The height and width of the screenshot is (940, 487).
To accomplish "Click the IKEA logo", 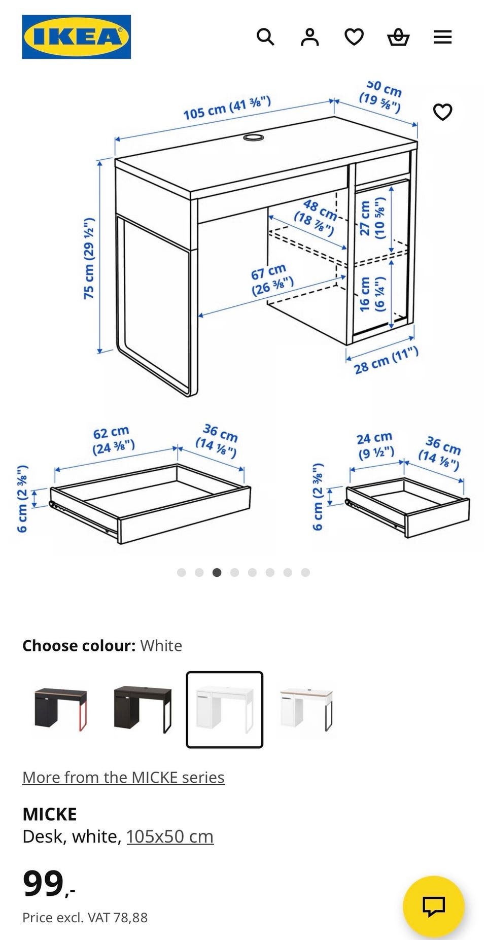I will (x=76, y=37).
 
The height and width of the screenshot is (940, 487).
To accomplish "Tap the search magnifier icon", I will (x=265, y=37).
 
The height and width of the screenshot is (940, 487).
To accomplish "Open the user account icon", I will (x=309, y=37).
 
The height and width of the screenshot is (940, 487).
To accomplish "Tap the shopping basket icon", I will (x=398, y=37).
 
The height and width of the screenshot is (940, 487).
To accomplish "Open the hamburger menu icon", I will (x=442, y=37).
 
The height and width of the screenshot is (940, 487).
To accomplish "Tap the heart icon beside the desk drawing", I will (x=442, y=112).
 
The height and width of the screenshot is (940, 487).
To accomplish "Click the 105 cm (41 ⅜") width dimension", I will (x=227, y=108).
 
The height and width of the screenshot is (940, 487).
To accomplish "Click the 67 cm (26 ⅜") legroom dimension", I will (x=272, y=280).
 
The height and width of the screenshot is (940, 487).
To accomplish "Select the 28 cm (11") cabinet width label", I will (x=386, y=360).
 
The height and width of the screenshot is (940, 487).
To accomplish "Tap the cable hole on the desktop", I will (x=253, y=137).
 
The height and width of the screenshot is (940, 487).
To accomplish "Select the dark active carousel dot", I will (x=217, y=572).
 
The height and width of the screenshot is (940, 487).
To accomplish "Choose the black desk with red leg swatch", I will (x=60, y=709).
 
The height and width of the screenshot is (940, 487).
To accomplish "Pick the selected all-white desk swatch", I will (x=224, y=709).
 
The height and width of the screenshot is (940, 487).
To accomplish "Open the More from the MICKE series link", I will (x=123, y=777).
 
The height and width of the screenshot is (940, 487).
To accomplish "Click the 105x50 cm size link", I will (x=170, y=837).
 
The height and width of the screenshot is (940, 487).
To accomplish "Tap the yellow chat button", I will (x=433, y=906).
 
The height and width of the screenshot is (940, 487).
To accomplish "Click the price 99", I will (x=44, y=884).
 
